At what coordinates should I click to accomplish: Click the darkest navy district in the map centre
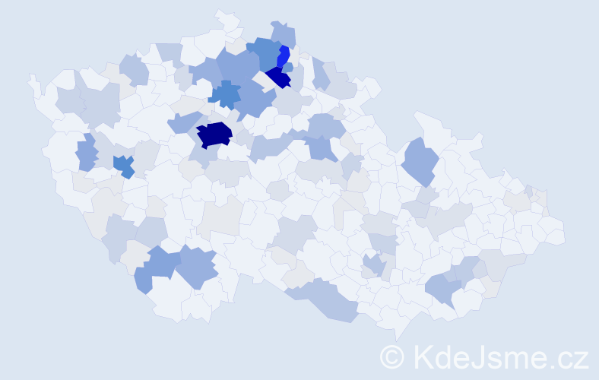(x=214, y=135)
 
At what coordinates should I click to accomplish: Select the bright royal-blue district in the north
(x=284, y=56)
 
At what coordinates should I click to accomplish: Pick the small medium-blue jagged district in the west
(x=124, y=165)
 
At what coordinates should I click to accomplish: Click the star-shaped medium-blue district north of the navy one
(x=225, y=95)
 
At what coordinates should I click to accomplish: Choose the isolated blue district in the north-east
(x=419, y=160)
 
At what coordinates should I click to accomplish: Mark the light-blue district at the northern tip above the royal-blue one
(x=283, y=33)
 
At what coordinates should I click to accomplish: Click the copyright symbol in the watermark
(x=392, y=356)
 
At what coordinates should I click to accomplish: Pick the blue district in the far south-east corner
(x=442, y=289)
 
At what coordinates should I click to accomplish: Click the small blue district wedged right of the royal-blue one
(x=288, y=68)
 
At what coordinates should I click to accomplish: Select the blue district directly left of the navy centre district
(x=183, y=122)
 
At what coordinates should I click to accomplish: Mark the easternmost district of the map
(x=559, y=231)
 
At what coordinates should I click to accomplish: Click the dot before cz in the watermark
(x=555, y=364)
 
